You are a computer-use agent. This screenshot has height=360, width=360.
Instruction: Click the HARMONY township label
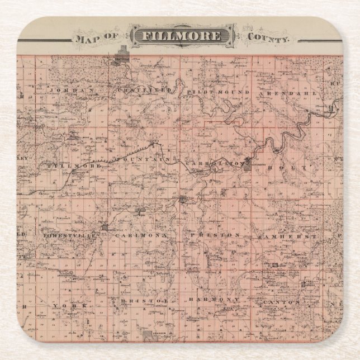(x=213, y=300)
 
